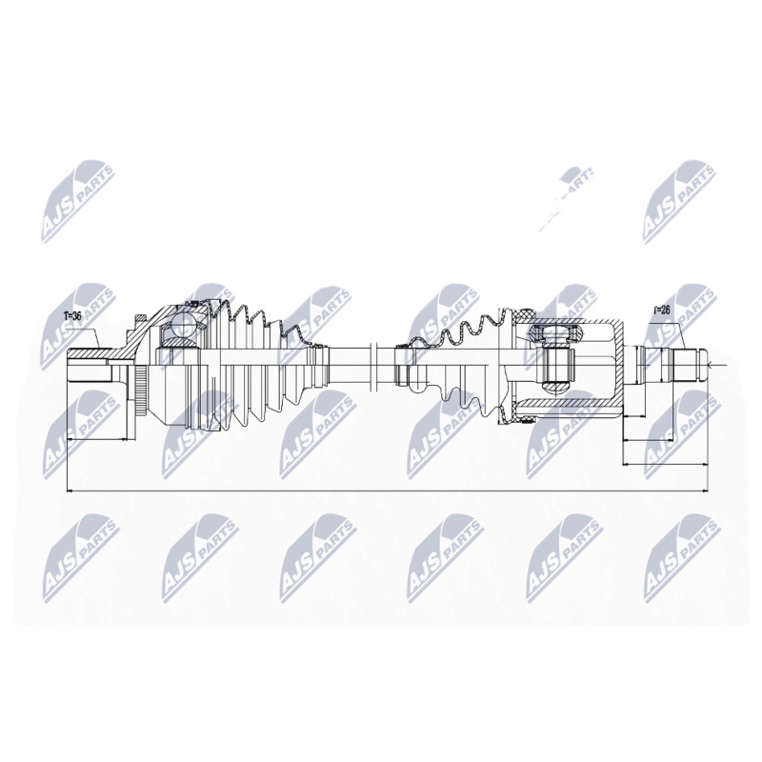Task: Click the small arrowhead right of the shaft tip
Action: pyautogui.click(x=716, y=364)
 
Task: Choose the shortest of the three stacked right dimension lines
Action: pyautogui.click(x=634, y=417)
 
